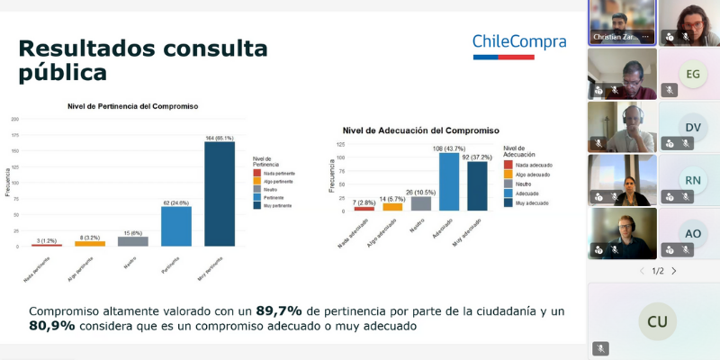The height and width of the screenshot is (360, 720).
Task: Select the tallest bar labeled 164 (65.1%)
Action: pyautogui.click(x=220, y=193)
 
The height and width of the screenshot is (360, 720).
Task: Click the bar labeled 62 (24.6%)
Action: pyautogui.click(x=176, y=226)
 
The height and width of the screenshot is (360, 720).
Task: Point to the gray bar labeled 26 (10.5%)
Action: pyautogui.click(x=421, y=203)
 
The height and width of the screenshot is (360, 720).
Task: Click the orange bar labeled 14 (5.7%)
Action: pyautogui.click(x=392, y=206)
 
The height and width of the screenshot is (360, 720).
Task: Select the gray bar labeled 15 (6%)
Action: pyautogui.click(x=133, y=241)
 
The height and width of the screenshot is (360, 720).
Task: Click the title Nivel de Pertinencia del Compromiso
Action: pyautogui.click(x=133, y=106)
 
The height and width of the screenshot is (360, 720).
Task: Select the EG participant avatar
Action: pyautogui.click(x=692, y=75)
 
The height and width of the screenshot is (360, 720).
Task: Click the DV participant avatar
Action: pyautogui.click(x=692, y=127)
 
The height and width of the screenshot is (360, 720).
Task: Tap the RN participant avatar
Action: pyautogui.click(x=692, y=179)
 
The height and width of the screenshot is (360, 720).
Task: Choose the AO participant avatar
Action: pyautogui.click(x=692, y=232)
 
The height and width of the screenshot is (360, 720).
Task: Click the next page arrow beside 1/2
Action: pyautogui.click(x=673, y=271)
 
